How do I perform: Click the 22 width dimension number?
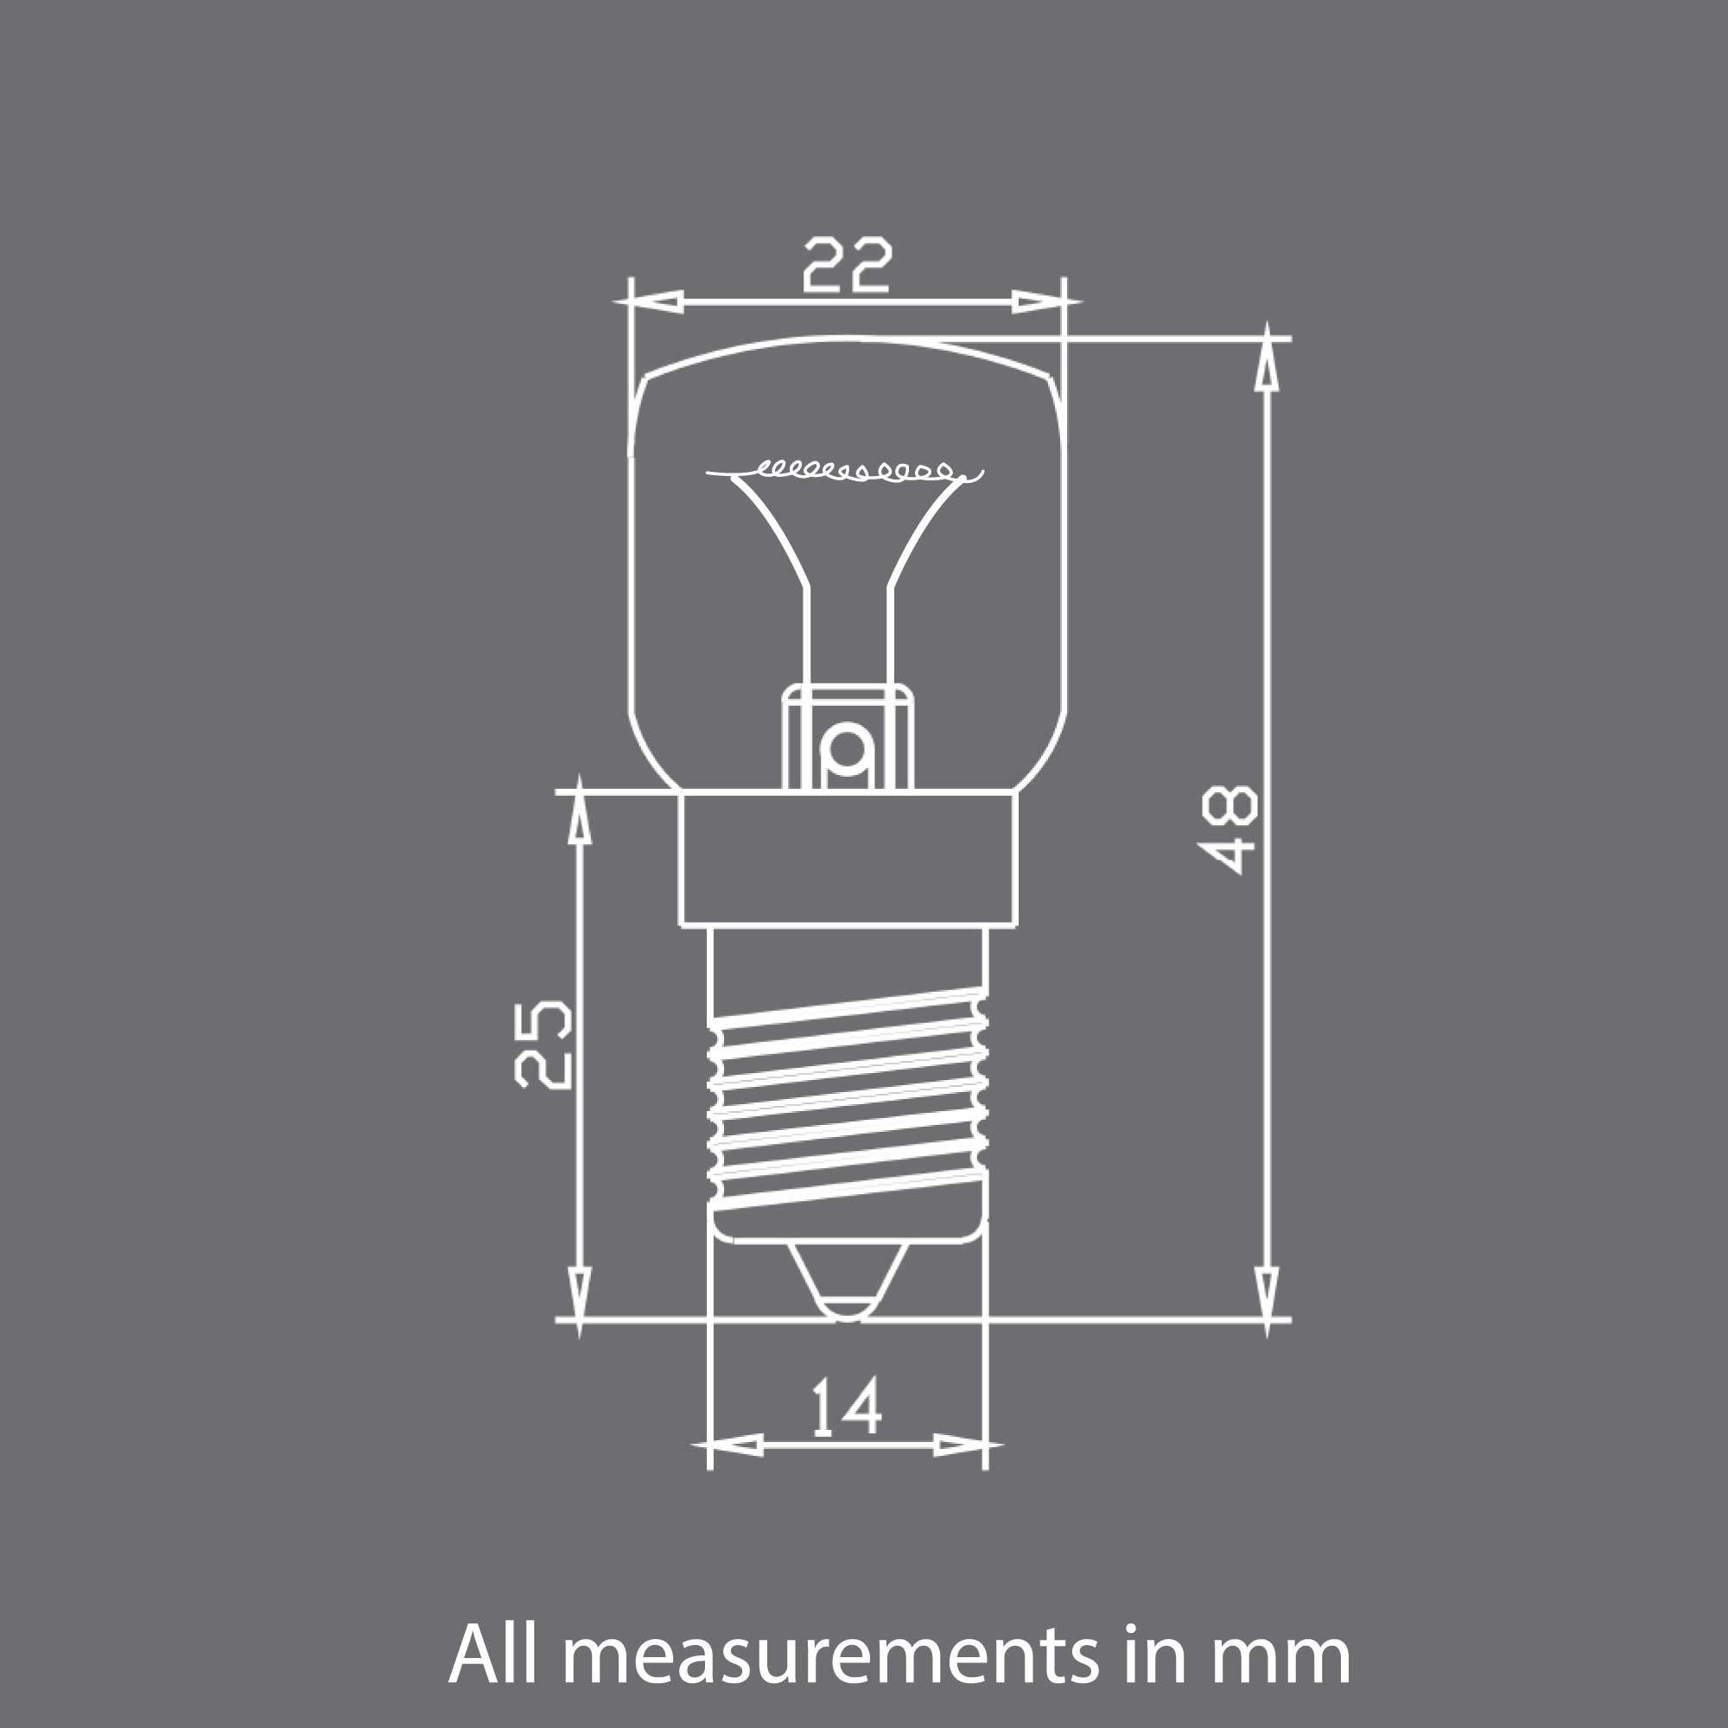[847, 264]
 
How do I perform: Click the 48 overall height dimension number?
[1229, 829]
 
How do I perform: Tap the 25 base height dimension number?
[543, 1045]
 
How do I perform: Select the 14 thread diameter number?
[846, 1407]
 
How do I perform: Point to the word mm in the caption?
[1280, 1656]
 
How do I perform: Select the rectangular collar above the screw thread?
[847, 859]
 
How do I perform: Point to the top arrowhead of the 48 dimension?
[1267, 362]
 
